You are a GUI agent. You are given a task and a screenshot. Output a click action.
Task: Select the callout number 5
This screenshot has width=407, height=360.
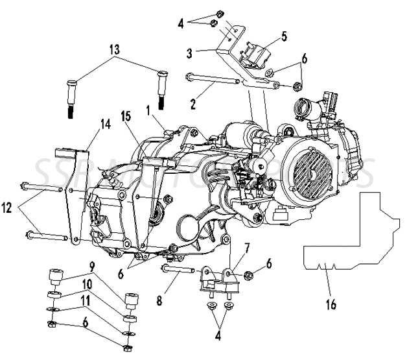click(x=284, y=36)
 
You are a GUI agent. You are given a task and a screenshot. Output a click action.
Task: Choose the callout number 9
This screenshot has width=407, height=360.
click(x=93, y=265)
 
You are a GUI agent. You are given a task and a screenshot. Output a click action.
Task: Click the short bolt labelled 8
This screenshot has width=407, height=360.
click(x=178, y=269)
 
